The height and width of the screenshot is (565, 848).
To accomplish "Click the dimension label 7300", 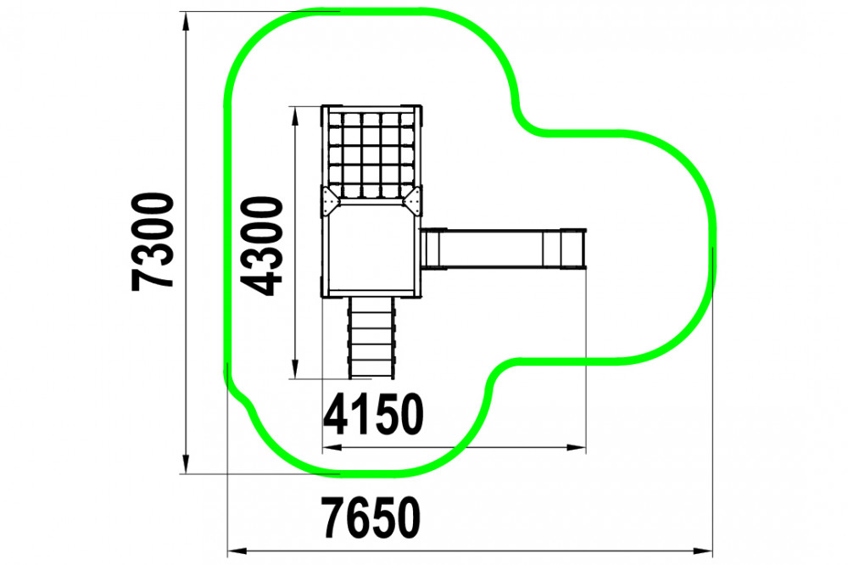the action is click(x=153, y=242).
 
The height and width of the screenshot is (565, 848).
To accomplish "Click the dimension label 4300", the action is click(x=262, y=246).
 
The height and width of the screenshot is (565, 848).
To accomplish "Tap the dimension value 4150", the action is click(x=373, y=414).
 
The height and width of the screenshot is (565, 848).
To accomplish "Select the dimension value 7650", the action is click(x=371, y=517).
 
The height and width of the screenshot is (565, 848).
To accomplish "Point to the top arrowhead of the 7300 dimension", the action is click(x=186, y=22).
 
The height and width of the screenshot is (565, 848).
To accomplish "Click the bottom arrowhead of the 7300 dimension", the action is click(x=186, y=463).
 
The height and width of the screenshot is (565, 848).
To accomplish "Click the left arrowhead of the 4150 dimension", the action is click(x=332, y=448).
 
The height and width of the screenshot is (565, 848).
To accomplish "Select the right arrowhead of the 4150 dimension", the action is click(x=576, y=448).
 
